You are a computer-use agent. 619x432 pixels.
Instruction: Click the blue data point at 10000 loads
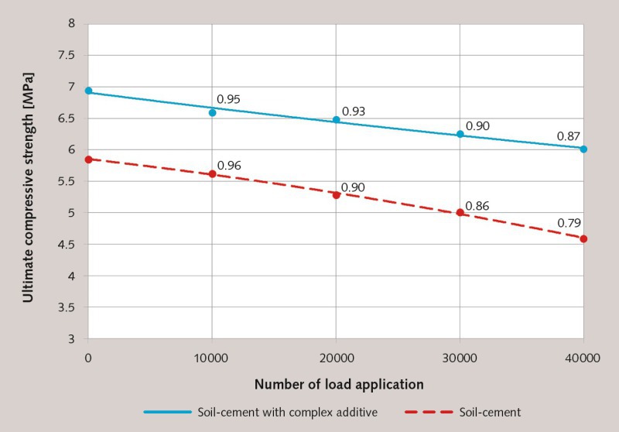(x=212, y=112)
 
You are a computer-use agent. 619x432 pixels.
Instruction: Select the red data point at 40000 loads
(x=583, y=238)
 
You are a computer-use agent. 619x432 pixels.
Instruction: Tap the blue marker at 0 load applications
(x=88, y=91)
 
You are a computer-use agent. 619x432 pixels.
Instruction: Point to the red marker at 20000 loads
(x=336, y=195)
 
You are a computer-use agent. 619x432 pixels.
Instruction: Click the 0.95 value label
(x=228, y=99)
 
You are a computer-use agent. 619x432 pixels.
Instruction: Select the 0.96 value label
(x=229, y=165)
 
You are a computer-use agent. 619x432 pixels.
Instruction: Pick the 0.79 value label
(x=569, y=223)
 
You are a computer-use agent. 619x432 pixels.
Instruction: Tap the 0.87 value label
(x=569, y=136)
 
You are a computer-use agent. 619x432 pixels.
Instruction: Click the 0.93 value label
(x=353, y=111)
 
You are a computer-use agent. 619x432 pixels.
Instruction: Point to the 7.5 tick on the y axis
(x=74, y=55)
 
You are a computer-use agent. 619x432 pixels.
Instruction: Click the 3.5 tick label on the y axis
(x=74, y=307)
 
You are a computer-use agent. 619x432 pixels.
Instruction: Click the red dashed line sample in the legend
(x=429, y=412)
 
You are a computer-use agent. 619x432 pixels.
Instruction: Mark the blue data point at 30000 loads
(x=460, y=134)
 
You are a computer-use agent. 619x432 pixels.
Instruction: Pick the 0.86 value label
(x=477, y=206)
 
